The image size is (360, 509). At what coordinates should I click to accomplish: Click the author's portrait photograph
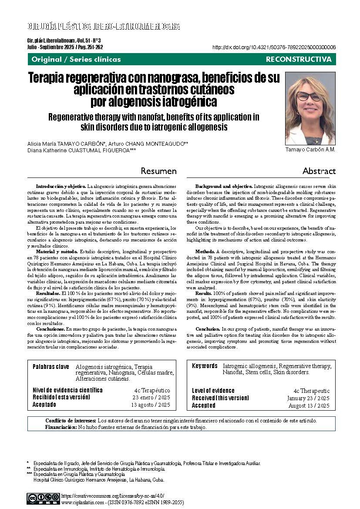[310, 108]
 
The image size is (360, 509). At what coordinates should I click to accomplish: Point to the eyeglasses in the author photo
[310, 96]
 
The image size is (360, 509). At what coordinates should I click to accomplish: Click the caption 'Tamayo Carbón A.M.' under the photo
[310, 150]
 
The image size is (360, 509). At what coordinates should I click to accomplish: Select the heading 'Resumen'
[158, 171]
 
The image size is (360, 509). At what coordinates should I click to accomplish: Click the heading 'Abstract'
[319, 171]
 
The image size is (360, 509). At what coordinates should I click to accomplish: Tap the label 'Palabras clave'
[51, 367]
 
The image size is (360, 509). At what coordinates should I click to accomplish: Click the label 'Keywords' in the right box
[205, 366]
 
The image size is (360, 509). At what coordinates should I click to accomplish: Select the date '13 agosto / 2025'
[151, 405]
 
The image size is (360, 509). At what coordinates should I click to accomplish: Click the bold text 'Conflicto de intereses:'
[71, 421]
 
